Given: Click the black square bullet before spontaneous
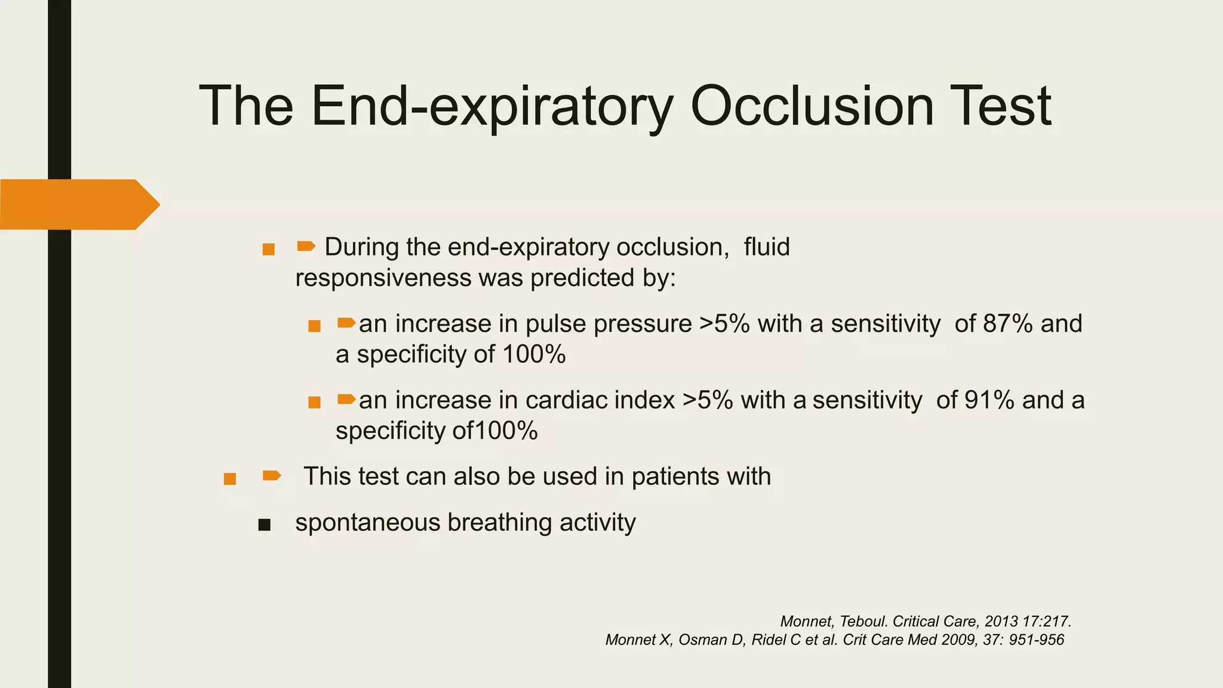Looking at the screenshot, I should (264, 525).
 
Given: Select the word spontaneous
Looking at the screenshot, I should (367, 523).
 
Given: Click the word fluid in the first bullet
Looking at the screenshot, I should (767, 247).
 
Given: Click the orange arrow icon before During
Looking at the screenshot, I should (306, 246).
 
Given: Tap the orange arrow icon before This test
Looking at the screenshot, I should (272, 475).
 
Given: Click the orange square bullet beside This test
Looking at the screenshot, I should (229, 479).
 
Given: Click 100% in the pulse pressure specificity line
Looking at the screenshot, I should (534, 355).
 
